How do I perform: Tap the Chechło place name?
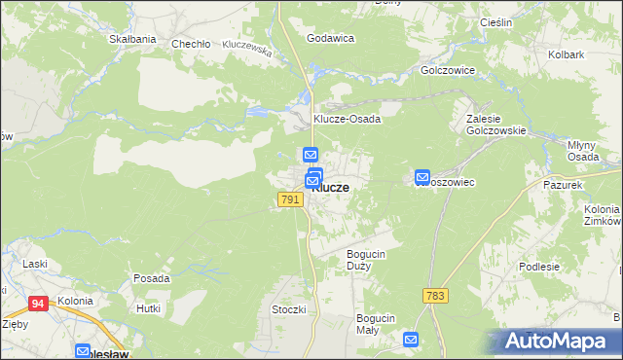pos(191,44)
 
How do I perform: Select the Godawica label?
pos(330,38)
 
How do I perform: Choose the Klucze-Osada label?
pos(347,119)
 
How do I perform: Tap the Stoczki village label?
pos(289,309)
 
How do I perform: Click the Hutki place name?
pos(149,307)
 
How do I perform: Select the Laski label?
pos(36,264)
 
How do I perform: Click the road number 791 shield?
pos(289,199)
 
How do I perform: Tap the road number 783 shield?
pos(435,295)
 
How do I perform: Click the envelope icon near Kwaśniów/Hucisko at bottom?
pos(411,341)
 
